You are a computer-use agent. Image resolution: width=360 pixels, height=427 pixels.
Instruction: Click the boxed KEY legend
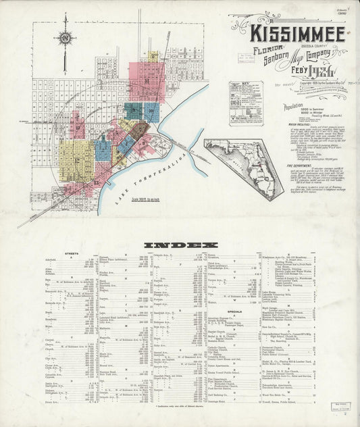(246, 102)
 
